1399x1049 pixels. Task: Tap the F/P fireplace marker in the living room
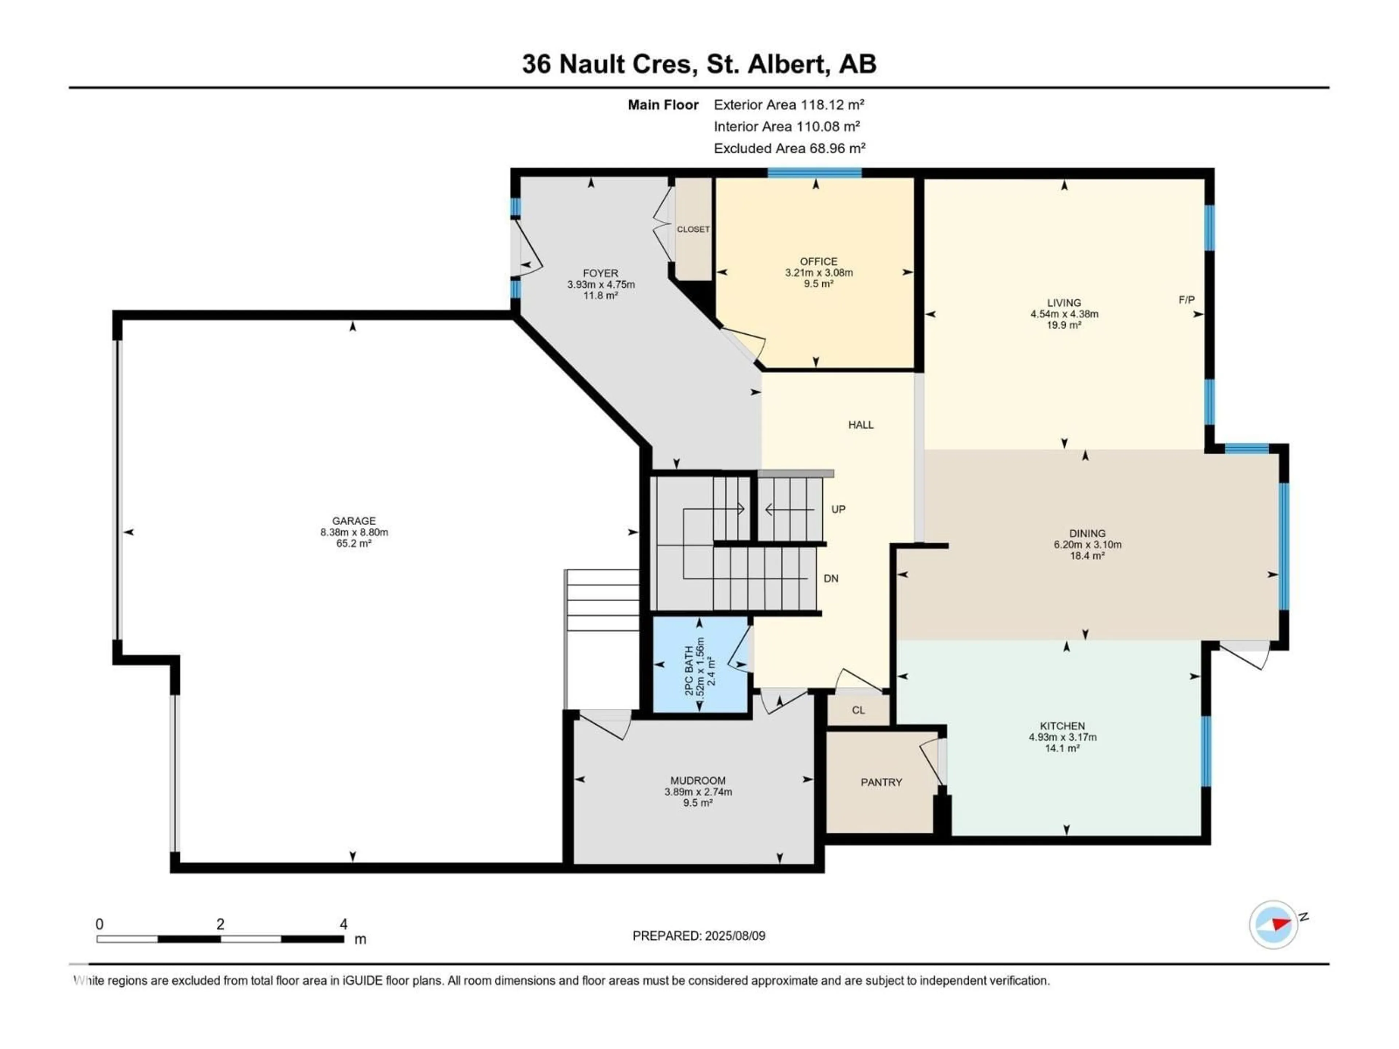1187,300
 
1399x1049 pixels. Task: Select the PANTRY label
881,782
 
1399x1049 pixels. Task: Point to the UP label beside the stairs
838,509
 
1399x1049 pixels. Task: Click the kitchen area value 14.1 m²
1062,748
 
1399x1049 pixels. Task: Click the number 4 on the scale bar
344,924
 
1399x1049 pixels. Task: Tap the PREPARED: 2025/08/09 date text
698,936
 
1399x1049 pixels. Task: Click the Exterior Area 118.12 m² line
789,104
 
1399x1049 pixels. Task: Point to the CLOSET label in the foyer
693,229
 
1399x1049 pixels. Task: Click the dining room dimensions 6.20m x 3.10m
1087,545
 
